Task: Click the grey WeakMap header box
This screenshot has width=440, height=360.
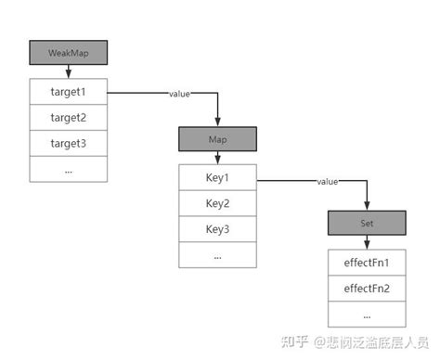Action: (x=68, y=52)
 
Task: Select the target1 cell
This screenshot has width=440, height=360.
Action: (x=68, y=93)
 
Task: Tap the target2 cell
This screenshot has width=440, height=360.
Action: (x=68, y=118)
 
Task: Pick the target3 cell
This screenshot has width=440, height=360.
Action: (x=68, y=144)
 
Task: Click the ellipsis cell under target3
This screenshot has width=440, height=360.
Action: (x=68, y=169)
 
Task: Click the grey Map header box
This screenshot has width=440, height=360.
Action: (x=216, y=139)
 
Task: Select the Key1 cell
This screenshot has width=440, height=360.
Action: (x=216, y=178)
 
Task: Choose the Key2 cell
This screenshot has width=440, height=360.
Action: (x=216, y=203)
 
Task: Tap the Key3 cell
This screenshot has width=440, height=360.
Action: (x=216, y=229)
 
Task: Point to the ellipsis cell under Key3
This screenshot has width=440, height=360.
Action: (x=216, y=254)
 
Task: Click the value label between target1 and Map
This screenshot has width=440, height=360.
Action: (x=181, y=94)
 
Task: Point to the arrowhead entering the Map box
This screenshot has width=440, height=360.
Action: (x=216, y=122)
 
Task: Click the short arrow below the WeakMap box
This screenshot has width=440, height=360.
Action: (x=68, y=71)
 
